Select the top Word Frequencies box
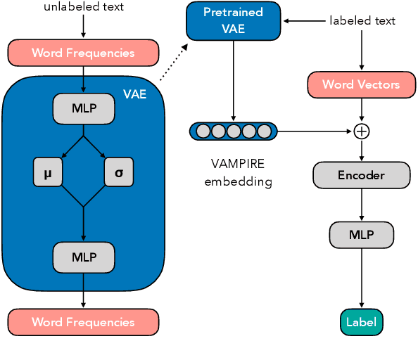pos(82,52)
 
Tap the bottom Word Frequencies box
pos(82,322)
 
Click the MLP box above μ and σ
pos(83,108)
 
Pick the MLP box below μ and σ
pos(83,257)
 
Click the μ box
pos(48,172)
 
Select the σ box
pos(118,172)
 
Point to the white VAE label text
pos(135,94)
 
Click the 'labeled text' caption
pos(362,20)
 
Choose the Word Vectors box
pos(361,85)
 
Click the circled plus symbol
pos(362,131)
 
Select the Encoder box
pos(361,174)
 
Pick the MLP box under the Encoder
pos(361,234)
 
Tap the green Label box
pos(361,323)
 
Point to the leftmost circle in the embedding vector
pos(203,131)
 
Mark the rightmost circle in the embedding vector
pos(264,131)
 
